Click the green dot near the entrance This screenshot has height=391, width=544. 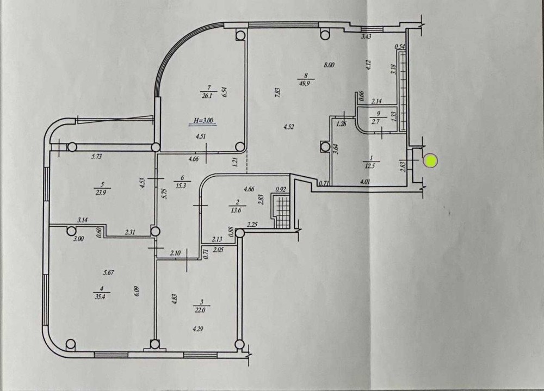430,161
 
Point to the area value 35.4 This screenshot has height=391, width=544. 99,297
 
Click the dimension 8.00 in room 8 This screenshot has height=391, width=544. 329,65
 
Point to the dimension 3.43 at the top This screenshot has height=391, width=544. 366,36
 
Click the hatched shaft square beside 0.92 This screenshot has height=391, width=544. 282,211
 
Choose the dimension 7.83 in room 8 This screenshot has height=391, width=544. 277,92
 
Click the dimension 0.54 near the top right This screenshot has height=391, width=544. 400,47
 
